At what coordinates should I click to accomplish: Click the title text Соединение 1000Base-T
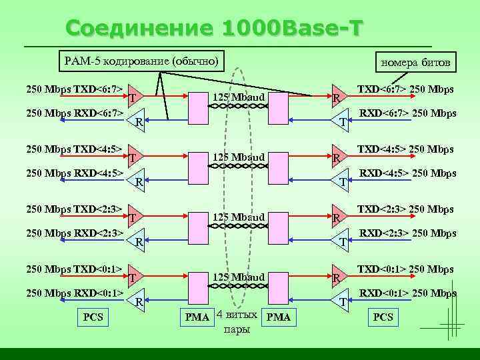[x=215, y=29]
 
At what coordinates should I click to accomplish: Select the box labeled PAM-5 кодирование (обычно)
[x=141, y=61]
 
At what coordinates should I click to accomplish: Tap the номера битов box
[x=415, y=63]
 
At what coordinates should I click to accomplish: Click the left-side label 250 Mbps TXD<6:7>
[x=74, y=89]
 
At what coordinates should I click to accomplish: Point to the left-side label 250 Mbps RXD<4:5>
[x=74, y=174]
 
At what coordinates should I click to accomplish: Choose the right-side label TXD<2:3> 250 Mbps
[x=405, y=209]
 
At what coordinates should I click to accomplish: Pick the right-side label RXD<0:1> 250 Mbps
[x=407, y=293]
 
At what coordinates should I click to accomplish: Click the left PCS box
[x=93, y=317]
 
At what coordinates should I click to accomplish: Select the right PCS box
[x=383, y=317]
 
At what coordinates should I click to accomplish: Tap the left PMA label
[x=197, y=317]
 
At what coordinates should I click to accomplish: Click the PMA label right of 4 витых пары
[x=278, y=317]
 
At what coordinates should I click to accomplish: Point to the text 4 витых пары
[x=237, y=322]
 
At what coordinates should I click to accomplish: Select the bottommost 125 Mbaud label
[x=239, y=277]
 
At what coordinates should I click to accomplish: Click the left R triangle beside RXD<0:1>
[x=137, y=300]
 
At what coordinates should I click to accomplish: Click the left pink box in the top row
[x=198, y=109]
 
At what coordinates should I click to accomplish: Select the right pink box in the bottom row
[x=277, y=287]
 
